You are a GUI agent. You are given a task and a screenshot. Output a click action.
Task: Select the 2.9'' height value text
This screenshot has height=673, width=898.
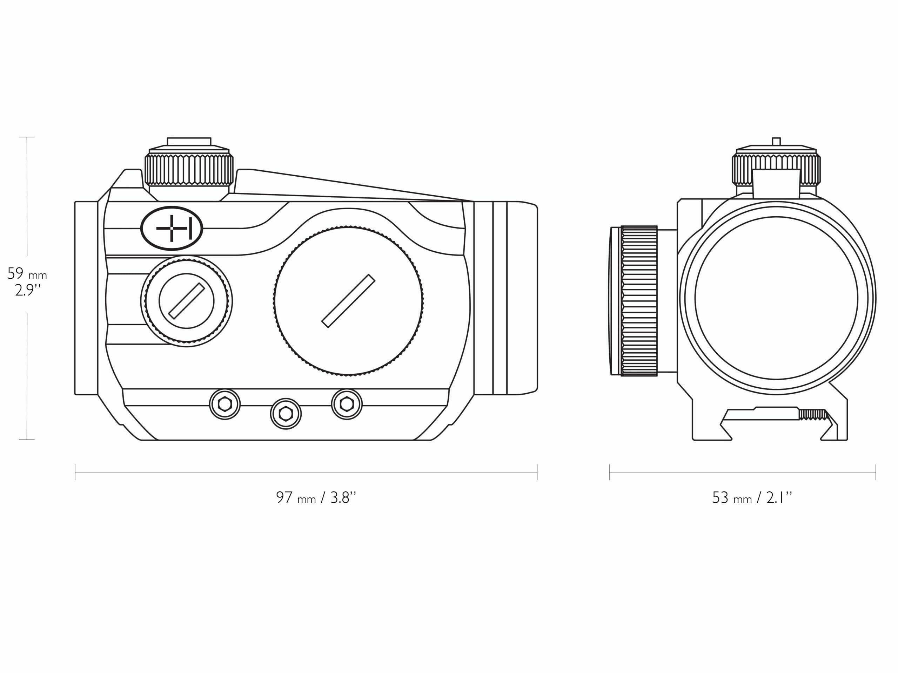point(27,291)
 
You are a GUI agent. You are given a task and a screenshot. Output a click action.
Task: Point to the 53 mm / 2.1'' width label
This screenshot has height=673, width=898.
point(752,498)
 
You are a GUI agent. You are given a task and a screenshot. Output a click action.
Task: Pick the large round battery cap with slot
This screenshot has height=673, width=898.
point(349,301)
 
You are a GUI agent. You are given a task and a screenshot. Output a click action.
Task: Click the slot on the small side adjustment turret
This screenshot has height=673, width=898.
point(186,301)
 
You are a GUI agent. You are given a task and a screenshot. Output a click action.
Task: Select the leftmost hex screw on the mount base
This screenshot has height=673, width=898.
point(224,404)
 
